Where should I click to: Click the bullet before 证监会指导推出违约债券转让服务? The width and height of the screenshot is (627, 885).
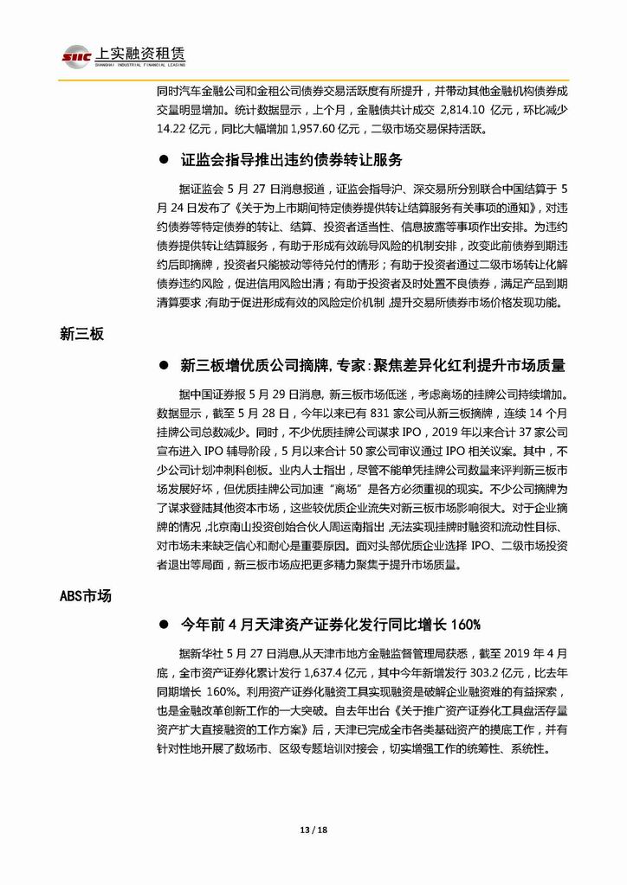coord(163,161)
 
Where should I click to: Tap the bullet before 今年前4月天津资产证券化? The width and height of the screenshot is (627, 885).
coord(163,625)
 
